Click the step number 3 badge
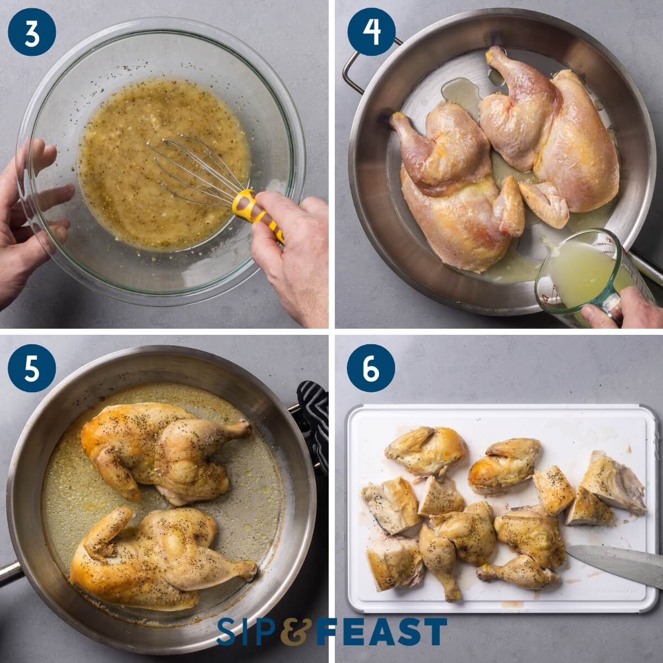coord(32,32)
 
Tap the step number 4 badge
coord(371,32)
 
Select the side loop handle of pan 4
coord(354,64)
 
